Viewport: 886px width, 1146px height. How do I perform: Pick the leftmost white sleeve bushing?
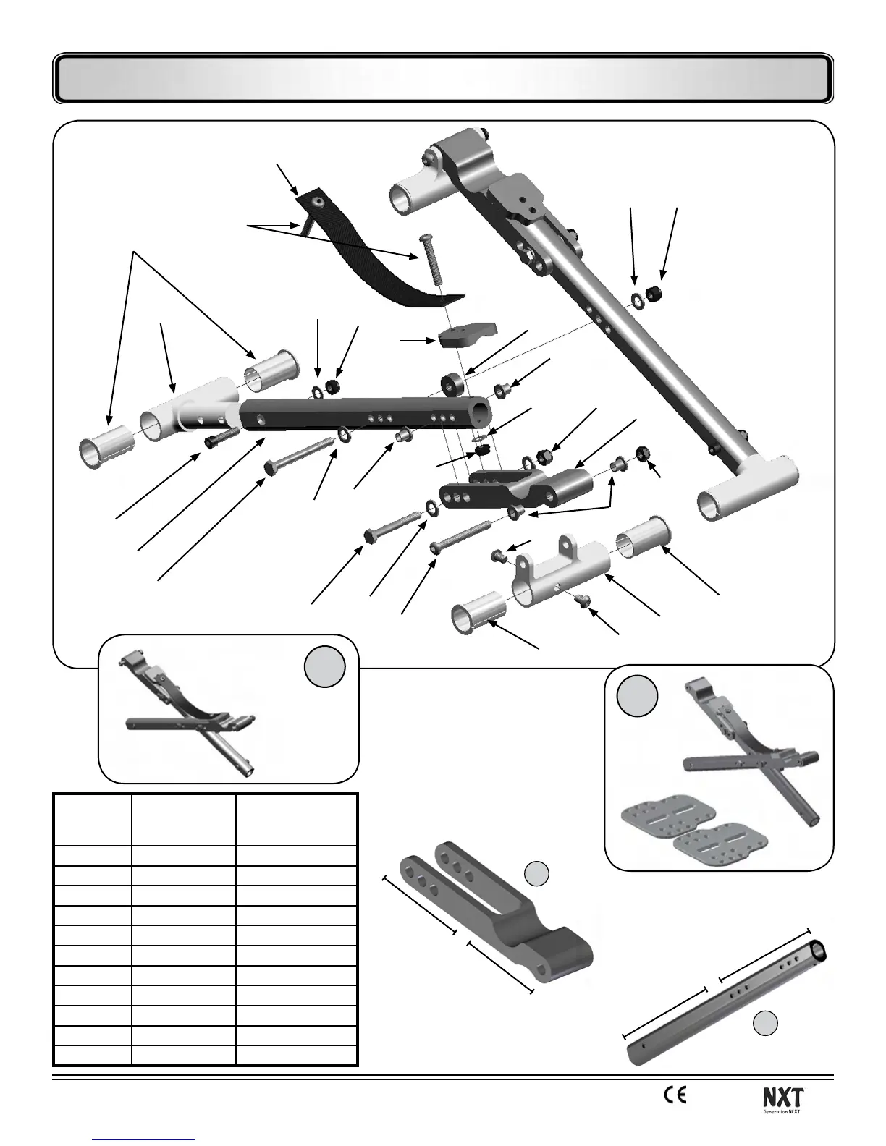[x=106, y=449]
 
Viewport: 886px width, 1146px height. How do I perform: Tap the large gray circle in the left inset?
[x=324, y=666]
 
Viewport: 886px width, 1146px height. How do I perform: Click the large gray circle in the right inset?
[x=638, y=696]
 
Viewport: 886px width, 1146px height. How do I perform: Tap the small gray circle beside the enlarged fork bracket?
[x=536, y=873]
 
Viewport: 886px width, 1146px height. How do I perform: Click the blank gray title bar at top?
[x=443, y=78]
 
